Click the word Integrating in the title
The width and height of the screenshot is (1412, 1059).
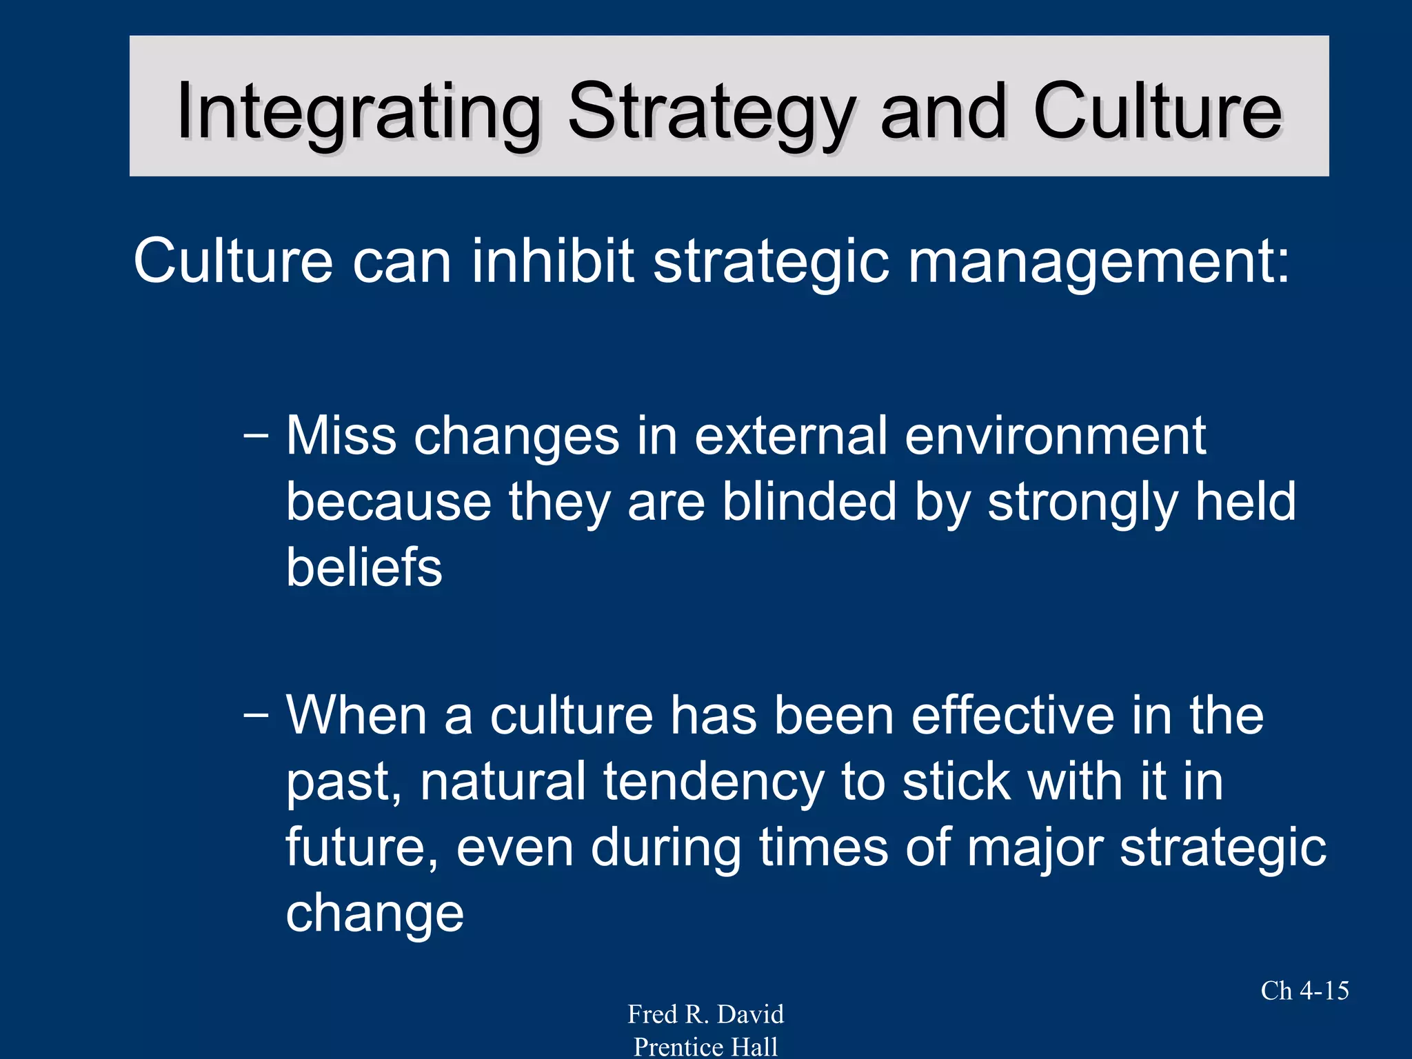tap(359, 112)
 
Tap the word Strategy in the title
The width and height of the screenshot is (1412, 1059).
tap(712, 112)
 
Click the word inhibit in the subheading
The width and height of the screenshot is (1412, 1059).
tap(552, 261)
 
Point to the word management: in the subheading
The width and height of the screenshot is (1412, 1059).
tap(1098, 261)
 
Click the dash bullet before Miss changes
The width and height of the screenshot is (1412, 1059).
tap(256, 437)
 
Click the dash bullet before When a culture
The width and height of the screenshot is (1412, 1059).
tap(256, 716)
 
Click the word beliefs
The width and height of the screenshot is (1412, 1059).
tap(364, 567)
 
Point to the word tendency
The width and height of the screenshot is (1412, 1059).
tap(714, 783)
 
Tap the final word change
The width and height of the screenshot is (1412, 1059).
tap(374, 914)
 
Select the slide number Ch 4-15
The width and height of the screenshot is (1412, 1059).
tap(1304, 991)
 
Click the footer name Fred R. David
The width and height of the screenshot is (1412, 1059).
tap(705, 1014)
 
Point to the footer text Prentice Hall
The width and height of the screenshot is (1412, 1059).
tap(705, 1047)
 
